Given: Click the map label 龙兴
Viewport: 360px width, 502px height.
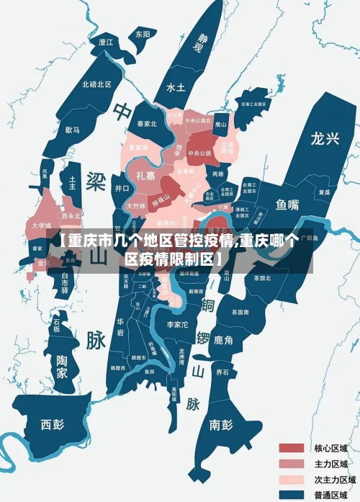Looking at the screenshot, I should (325, 138).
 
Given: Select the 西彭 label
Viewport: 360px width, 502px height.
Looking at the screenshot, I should (52, 423).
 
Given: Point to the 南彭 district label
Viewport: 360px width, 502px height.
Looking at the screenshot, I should (220, 424).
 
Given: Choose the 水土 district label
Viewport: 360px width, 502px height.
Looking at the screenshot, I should (176, 87).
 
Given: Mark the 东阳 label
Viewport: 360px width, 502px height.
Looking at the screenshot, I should (143, 34).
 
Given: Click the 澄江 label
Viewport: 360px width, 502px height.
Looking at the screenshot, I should (106, 42).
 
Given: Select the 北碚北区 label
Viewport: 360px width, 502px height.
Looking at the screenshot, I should (96, 84).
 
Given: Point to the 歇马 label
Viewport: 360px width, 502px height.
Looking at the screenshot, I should (72, 130).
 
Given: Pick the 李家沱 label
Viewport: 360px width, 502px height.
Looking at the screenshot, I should (177, 326).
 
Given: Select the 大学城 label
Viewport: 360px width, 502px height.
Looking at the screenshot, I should (42, 225).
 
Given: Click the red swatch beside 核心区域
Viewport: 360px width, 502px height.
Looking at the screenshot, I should (292, 448).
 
